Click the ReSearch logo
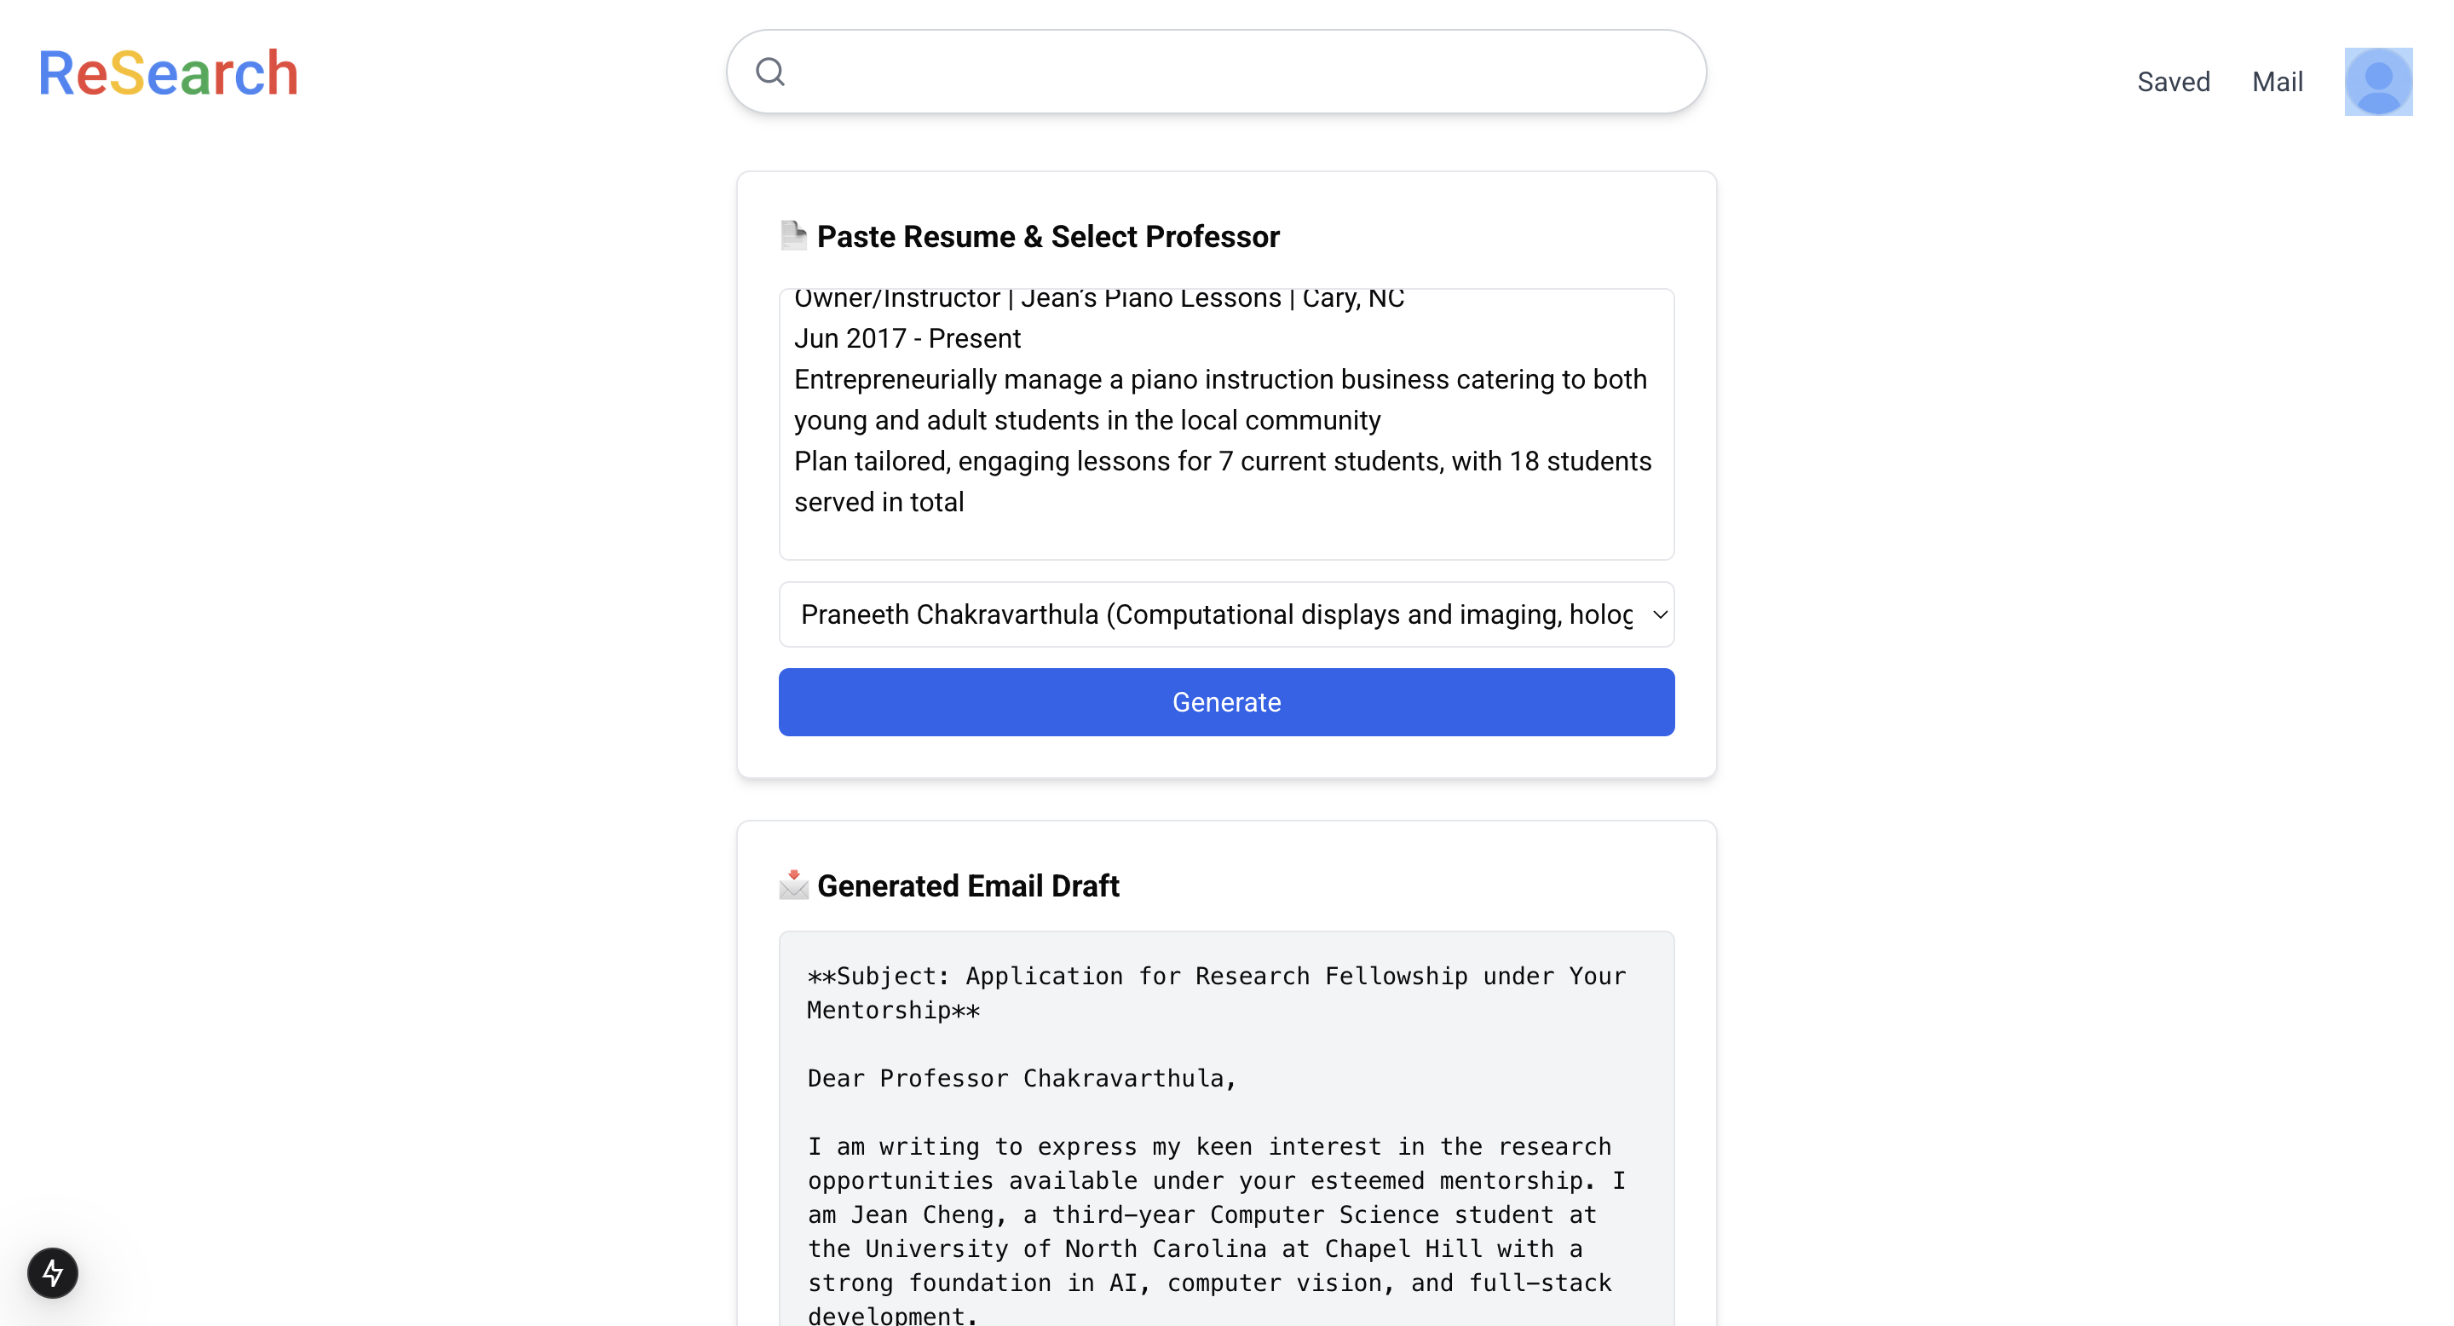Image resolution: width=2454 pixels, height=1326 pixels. pos(168,73)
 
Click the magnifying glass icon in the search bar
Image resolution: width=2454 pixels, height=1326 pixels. pos(769,72)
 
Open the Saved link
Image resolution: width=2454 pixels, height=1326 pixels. pos(2173,82)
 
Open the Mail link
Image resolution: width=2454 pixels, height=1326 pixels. pos(2277,82)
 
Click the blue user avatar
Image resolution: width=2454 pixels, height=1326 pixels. pos(2378,82)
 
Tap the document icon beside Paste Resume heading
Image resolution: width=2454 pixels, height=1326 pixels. pos(792,235)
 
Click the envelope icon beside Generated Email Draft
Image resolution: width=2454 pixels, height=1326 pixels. pos(792,885)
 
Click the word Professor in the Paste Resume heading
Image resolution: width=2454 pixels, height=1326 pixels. pos(1213,237)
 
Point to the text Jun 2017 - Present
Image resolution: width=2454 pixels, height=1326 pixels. pos(907,339)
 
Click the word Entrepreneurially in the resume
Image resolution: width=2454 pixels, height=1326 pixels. pos(895,380)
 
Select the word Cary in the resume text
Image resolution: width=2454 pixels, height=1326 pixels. pos(1329,299)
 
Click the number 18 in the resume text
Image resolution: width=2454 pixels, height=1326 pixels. pos(1524,462)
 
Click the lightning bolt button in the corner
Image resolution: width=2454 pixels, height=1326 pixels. pos(52,1272)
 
